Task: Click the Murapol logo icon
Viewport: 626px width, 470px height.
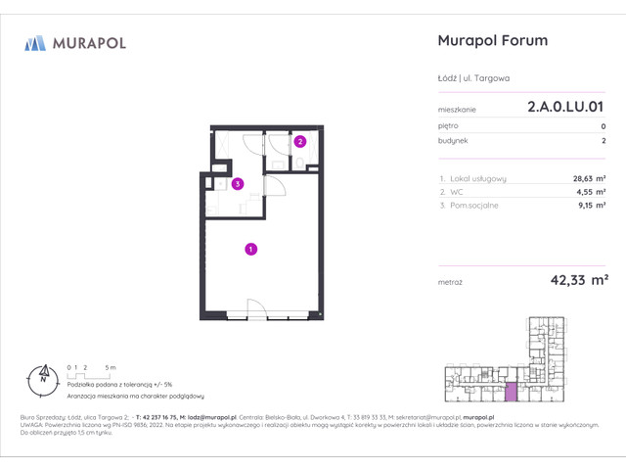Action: pos(36,42)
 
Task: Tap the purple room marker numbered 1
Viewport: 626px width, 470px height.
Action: pos(251,250)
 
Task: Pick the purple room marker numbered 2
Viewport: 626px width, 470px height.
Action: pos(300,142)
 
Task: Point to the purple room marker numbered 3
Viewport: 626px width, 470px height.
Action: pos(238,183)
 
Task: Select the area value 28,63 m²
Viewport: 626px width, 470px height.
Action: pos(586,178)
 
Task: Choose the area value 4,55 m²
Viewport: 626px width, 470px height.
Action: pos(590,192)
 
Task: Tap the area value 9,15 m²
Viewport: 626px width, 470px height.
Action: pos(590,206)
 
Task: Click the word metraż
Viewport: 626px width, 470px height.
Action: pos(452,281)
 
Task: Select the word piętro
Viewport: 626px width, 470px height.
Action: pos(449,126)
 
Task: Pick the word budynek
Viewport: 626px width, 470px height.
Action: pos(453,140)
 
